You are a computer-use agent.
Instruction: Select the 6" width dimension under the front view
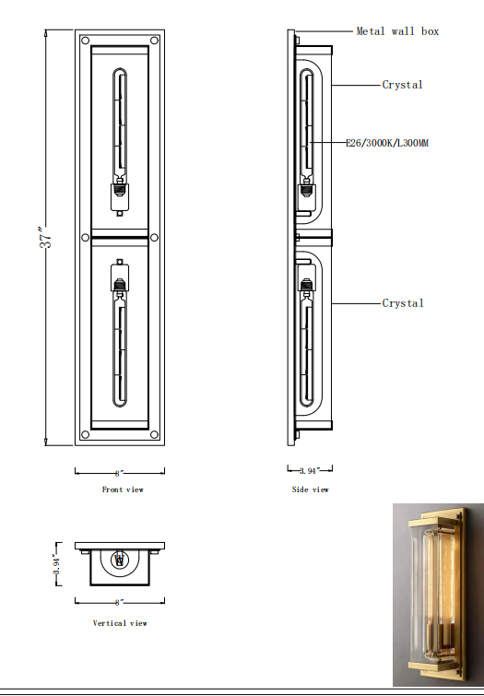click(119, 472)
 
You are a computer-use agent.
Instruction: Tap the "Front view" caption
click(123, 490)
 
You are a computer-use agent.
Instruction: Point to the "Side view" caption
click(310, 490)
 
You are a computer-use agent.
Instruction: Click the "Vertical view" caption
click(120, 623)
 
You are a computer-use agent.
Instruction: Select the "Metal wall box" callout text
click(397, 31)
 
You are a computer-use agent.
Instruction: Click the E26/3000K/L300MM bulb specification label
click(387, 144)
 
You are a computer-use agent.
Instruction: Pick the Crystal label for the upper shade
click(403, 85)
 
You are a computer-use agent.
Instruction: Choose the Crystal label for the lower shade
click(403, 303)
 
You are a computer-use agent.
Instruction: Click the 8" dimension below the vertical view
click(119, 602)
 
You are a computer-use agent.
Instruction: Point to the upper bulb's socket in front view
click(118, 195)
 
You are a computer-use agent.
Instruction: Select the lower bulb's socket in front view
click(118, 277)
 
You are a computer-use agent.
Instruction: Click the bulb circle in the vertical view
click(118, 559)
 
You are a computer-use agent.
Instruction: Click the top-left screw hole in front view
click(85, 41)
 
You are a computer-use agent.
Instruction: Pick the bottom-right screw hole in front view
click(152, 432)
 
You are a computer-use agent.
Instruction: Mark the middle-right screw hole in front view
click(153, 237)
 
